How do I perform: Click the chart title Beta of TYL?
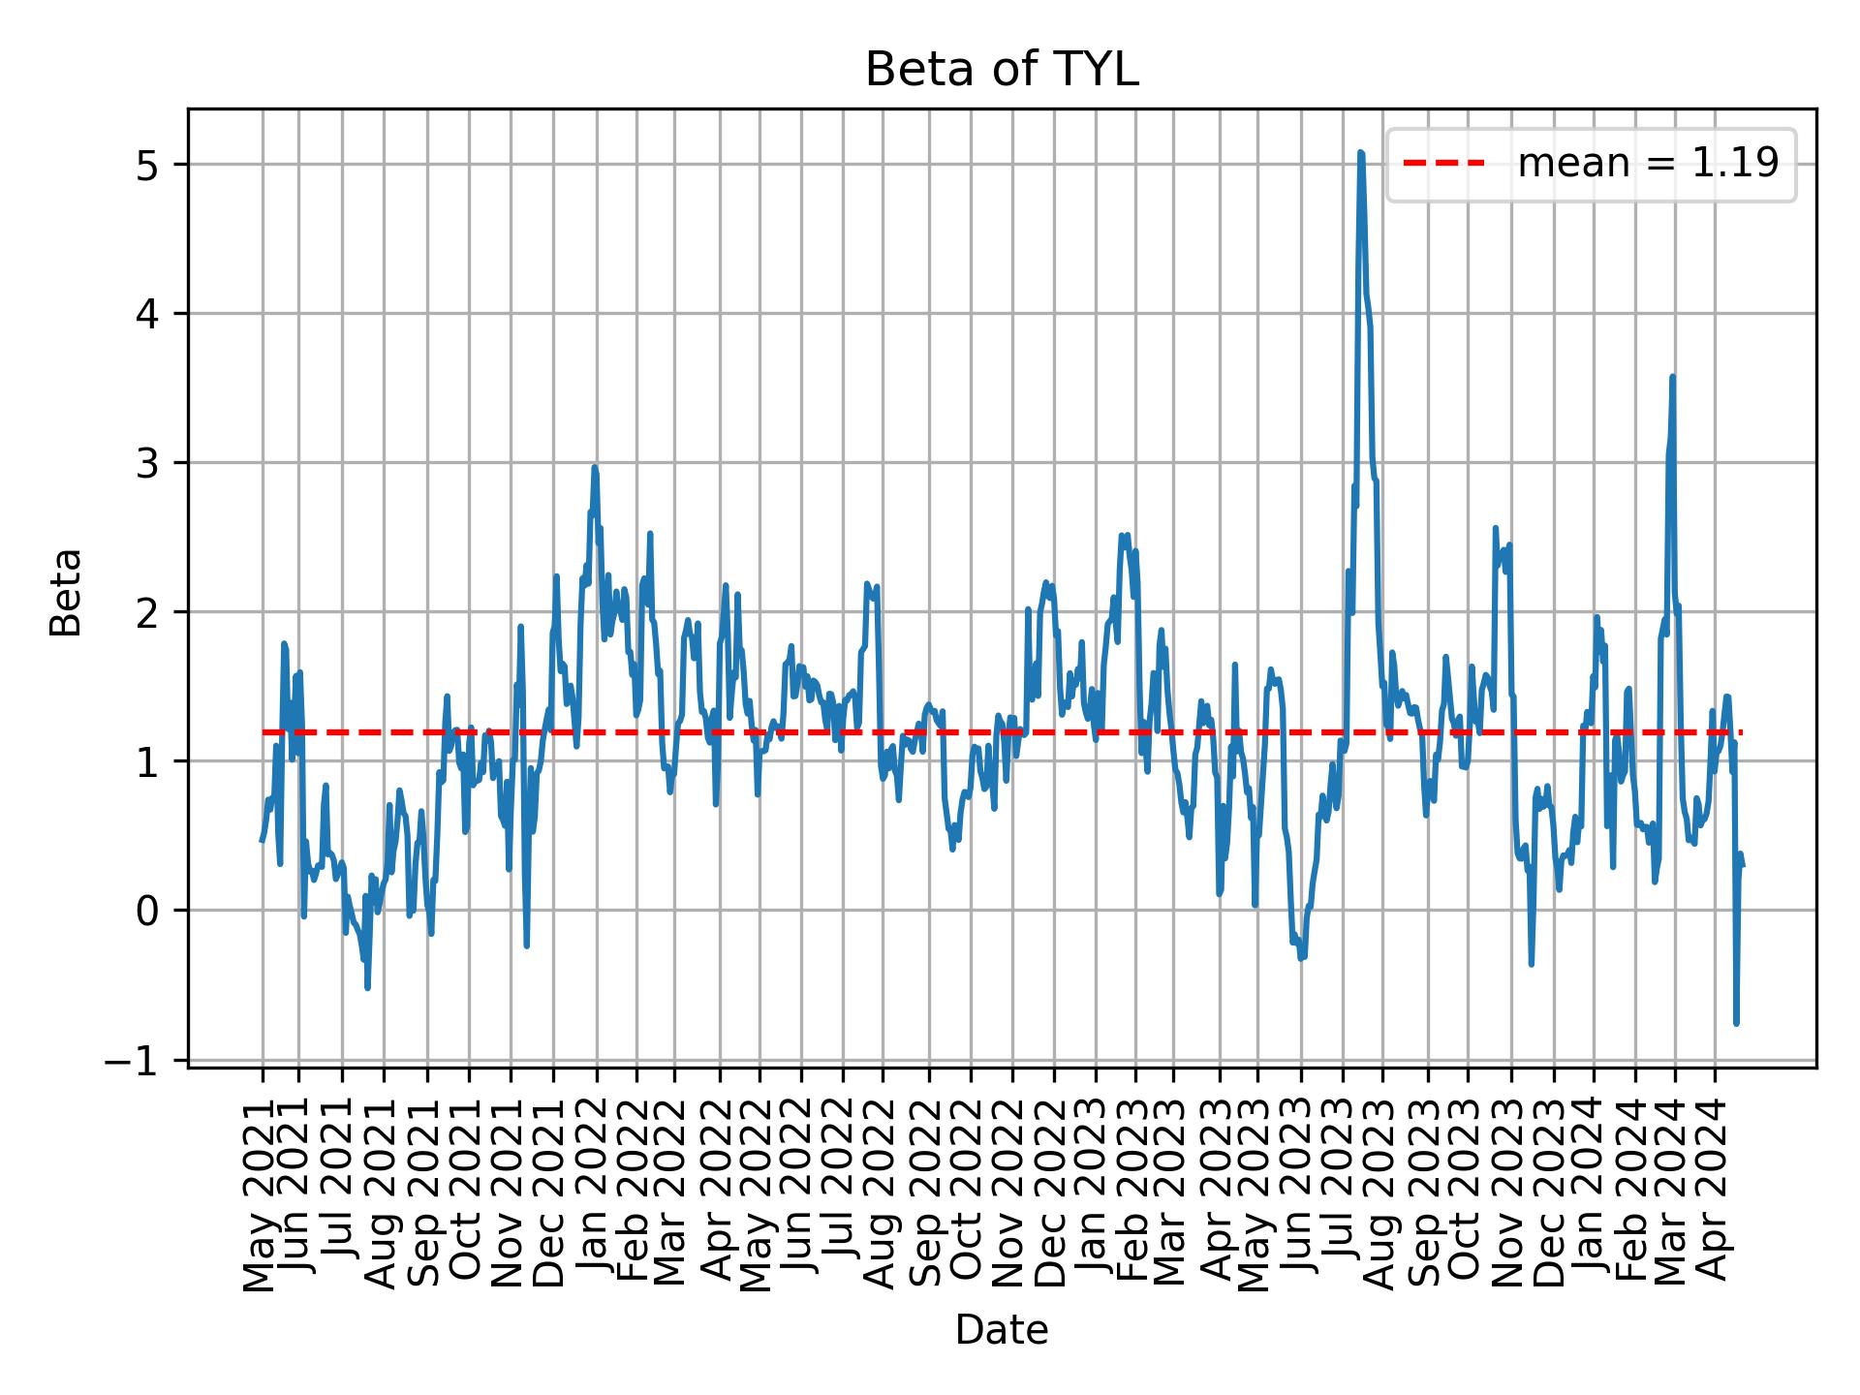click(x=1001, y=71)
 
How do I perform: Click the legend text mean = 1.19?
click(x=1648, y=164)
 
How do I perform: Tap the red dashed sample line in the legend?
click(x=1443, y=164)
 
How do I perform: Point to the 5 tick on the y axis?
click(x=146, y=166)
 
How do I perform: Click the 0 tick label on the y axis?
click(x=146, y=912)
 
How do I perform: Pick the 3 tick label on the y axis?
click(x=146, y=464)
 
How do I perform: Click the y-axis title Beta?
click(x=66, y=592)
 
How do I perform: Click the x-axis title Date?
click(x=1001, y=1330)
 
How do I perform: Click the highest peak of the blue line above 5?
click(x=1361, y=153)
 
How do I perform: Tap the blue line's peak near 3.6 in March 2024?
click(x=1673, y=377)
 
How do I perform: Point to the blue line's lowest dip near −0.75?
click(x=1736, y=1023)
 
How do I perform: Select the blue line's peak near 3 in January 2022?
click(x=595, y=468)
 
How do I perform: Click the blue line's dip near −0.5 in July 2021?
click(x=367, y=987)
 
